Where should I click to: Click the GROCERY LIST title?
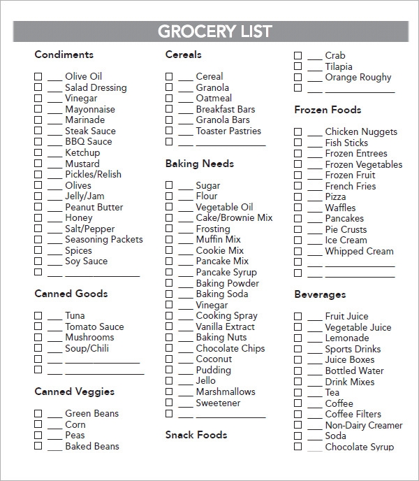pyautogui.click(x=214, y=31)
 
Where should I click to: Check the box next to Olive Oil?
pyautogui.click(x=38, y=76)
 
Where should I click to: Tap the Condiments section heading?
pyautogui.click(x=64, y=55)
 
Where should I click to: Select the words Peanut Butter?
pyautogui.click(x=94, y=207)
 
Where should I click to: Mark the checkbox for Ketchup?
pyautogui.click(x=38, y=152)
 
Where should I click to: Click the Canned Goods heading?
pyautogui.click(x=71, y=294)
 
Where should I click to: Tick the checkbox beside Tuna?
pyautogui.click(x=38, y=315)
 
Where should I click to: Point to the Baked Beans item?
pyautogui.click(x=91, y=446)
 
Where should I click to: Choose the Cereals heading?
pyautogui.click(x=183, y=55)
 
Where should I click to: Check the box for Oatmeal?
pyautogui.click(x=169, y=99)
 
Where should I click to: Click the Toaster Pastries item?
pyautogui.click(x=228, y=131)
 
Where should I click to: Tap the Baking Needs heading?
pyautogui.click(x=199, y=164)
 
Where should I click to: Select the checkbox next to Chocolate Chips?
pyautogui.click(x=169, y=348)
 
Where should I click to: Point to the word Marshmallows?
pyautogui.click(x=226, y=392)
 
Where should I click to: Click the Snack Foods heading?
pyautogui.click(x=196, y=435)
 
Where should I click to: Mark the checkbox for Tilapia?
pyautogui.click(x=298, y=66)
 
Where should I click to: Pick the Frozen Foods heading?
pyautogui.click(x=328, y=110)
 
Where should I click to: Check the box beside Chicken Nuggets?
pyautogui.click(x=298, y=131)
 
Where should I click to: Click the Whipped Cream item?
pyautogui.click(x=359, y=251)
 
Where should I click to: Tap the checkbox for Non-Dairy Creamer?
pyautogui.click(x=298, y=425)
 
